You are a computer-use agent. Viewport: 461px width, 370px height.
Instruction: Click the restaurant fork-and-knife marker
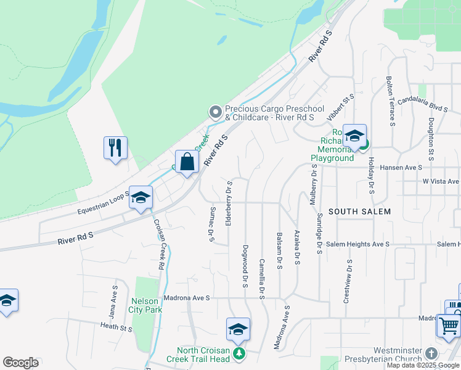tap(115, 148)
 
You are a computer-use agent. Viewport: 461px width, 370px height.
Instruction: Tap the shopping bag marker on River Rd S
tap(187, 162)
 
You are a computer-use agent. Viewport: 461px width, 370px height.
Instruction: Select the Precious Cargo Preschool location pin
tap(215, 112)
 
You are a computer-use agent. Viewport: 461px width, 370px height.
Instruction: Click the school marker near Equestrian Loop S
tap(141, 198)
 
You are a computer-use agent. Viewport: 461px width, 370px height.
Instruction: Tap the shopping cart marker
tap(449, 324)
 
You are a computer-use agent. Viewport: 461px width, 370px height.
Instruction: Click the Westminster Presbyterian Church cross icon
tap(431, 354)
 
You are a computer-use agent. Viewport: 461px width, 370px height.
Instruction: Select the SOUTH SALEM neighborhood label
tap(359, 212)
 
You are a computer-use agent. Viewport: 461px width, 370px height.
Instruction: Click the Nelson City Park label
tap(146, 305)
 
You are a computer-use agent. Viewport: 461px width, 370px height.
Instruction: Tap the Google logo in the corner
tap(21, 363)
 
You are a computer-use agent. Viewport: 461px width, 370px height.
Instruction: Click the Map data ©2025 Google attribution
tap(423, 365)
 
